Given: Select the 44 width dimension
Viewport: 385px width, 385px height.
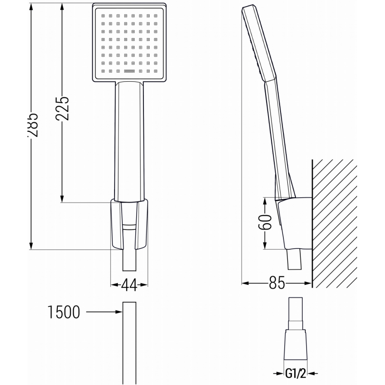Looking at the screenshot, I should [x=128, y=285].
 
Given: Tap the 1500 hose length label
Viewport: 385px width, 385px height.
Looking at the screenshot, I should [x=64, y=312].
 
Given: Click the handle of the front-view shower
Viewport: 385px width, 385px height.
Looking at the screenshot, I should [x=128, y=140].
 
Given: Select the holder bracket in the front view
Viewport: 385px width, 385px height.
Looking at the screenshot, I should [x=128, y=224].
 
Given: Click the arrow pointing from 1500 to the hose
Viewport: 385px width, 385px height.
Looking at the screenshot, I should [x=103, y=312].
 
